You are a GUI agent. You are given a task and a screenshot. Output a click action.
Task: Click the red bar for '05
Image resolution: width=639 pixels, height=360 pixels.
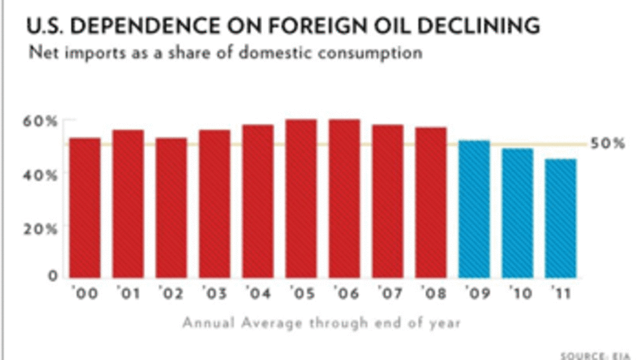click(301, 198)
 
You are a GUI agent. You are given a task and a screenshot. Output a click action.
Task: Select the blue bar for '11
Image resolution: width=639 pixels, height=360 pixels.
click(560, 218)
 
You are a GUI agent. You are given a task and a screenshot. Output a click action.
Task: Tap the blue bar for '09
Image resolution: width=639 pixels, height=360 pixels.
click(474, 209)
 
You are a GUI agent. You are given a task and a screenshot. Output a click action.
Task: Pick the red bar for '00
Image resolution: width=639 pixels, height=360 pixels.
click(85, 207)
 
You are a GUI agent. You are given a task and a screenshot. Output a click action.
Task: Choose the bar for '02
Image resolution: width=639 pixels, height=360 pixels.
click(171, 207)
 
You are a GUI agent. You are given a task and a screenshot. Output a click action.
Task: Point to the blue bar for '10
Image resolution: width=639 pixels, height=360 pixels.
click(517, 213)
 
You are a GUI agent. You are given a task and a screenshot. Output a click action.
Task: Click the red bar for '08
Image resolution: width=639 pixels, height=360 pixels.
click(430, 202)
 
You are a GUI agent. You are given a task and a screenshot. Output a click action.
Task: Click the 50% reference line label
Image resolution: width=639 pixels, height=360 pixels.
click(607, 144)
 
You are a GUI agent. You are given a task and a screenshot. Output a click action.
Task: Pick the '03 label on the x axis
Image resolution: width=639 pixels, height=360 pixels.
click(215, 294)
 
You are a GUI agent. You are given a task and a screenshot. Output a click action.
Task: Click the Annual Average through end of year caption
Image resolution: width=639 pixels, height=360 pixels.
click(321, 322)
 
